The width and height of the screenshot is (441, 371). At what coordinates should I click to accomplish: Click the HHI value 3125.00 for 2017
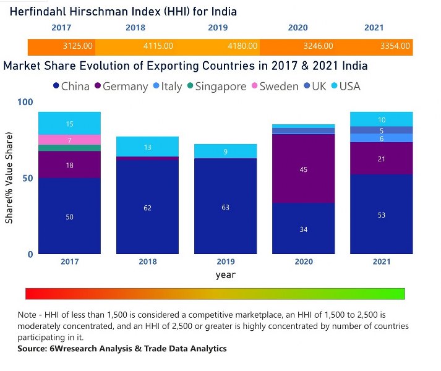tap(78, 46)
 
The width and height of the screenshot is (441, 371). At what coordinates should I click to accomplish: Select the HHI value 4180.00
tap(238, 46)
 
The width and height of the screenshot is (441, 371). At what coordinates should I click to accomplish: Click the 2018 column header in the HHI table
tap(135, 28)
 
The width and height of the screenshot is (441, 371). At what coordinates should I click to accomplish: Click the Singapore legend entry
tap(215, 87)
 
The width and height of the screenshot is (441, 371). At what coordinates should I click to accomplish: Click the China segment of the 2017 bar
tap(69, 216)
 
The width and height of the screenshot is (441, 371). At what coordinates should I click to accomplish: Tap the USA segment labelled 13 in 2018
tap(147, 147)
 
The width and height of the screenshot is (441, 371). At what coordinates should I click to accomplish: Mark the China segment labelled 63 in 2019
tap(225, 207)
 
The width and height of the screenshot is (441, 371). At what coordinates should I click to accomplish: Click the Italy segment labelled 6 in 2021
tap(382, 139)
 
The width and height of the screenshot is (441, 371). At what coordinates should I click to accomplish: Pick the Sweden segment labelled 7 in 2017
tap(69, 140)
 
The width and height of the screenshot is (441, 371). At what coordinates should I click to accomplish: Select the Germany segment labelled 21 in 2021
tap(382, 160)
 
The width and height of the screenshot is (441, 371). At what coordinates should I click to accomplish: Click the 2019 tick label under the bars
tap(225, 262)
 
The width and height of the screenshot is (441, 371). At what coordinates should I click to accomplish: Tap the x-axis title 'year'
tap(225, 275)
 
